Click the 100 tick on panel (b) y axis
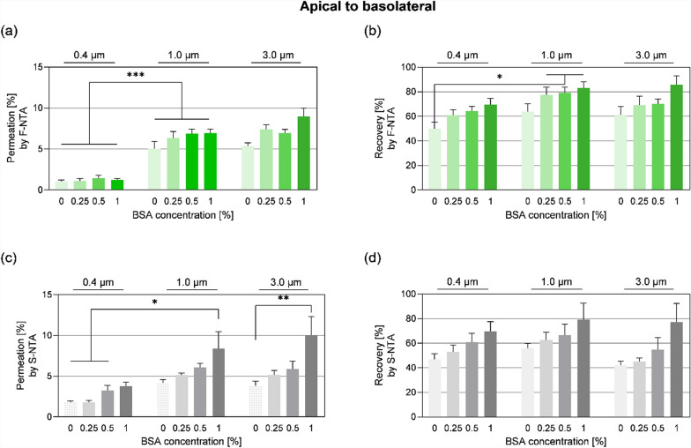[411, 67]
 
